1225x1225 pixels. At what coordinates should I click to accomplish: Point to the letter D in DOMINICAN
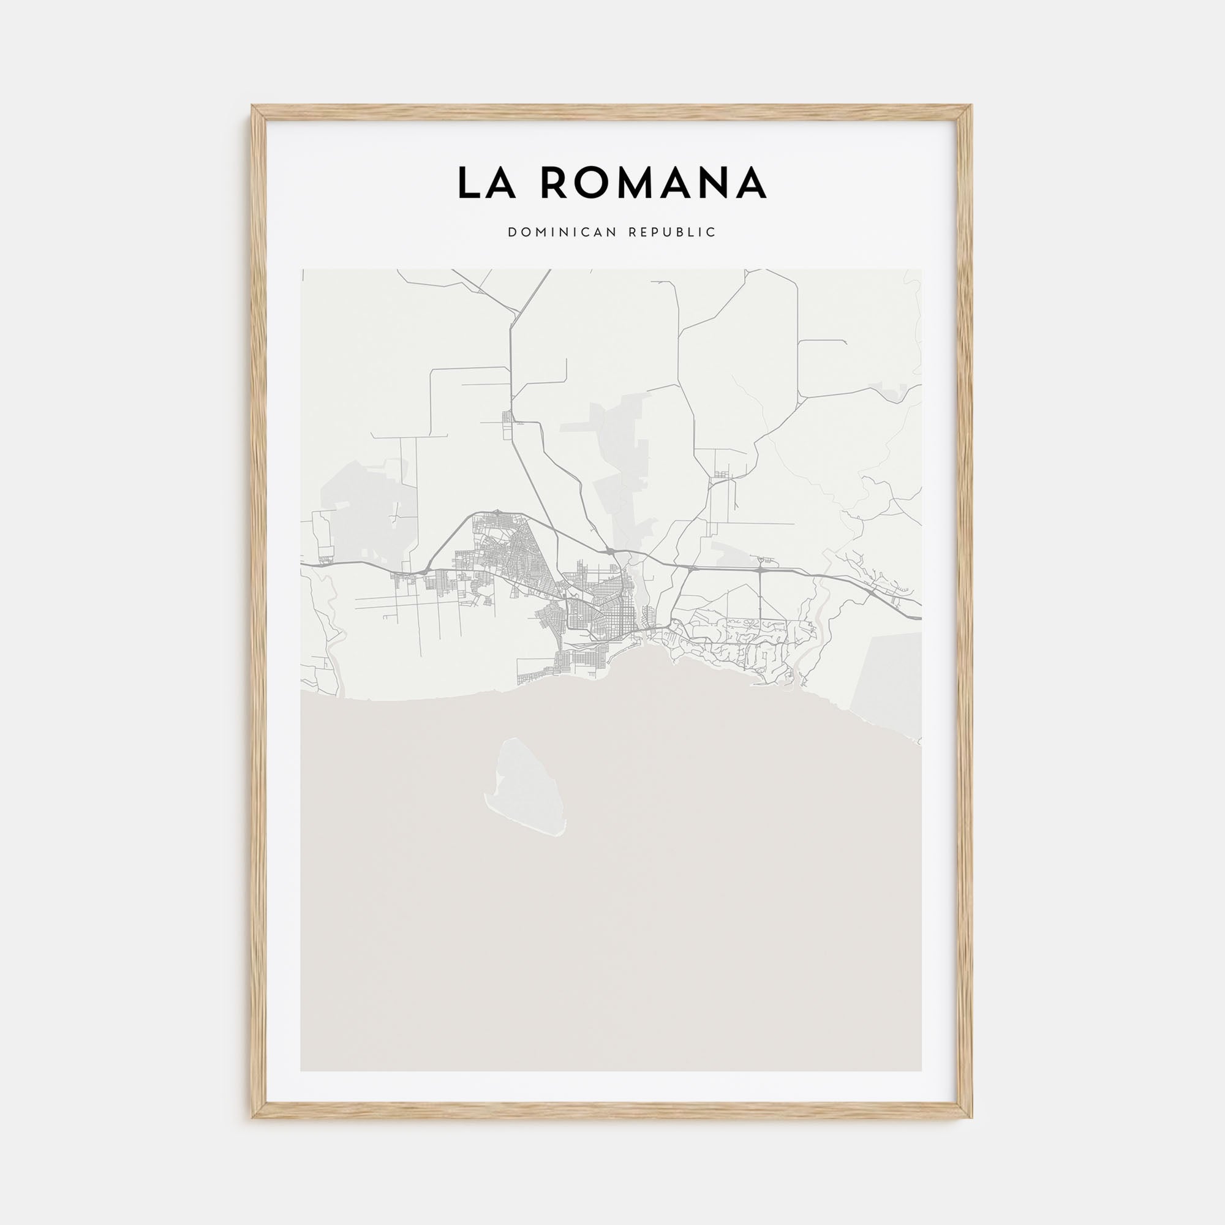[511, 233]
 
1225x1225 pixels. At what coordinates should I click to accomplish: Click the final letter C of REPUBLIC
[712, 233]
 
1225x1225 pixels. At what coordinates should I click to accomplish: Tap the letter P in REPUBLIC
[654, 233]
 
